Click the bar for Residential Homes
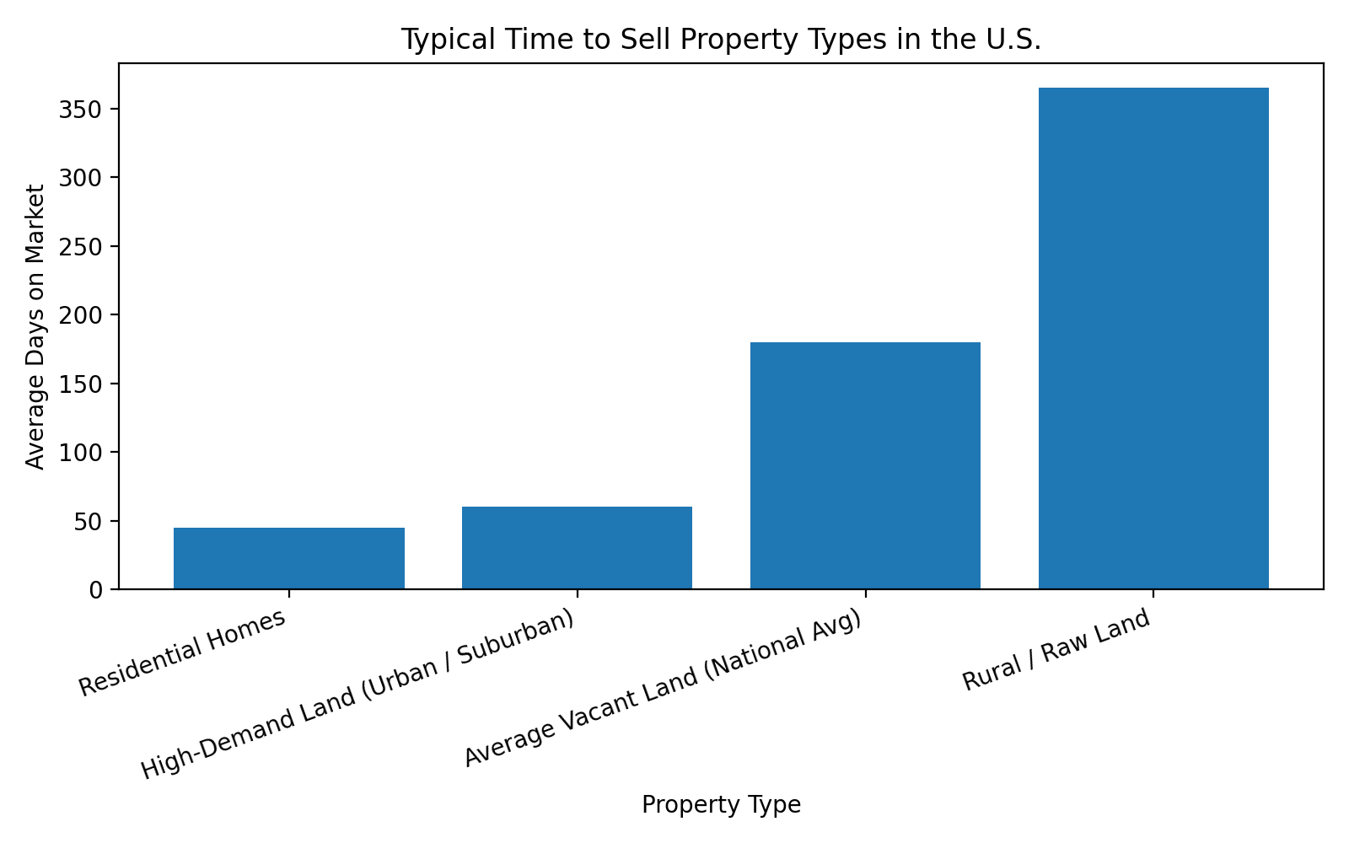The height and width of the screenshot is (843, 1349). tap(288, 558)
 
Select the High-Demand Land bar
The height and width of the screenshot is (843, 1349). tap(577, 548)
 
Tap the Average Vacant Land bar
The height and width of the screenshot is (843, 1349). tap(865, 465)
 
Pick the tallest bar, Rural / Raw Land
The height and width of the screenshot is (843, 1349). tap(1153, 338)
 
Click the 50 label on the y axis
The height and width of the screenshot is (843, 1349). tap(88, 521)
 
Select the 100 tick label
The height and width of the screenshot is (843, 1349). tap(81, 453)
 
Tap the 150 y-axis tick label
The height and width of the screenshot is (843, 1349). tap(81, 384)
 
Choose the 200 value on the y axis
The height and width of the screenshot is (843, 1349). tap(81, 315)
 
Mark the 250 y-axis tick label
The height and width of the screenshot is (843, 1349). tap(81, 247)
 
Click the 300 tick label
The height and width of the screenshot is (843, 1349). tap(81, 178)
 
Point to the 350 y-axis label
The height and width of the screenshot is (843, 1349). tap(81, 110)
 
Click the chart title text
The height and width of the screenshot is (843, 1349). tap(721, 40)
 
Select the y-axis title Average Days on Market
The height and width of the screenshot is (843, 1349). tap(35, 326)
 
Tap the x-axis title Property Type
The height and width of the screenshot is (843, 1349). tap(721, 805)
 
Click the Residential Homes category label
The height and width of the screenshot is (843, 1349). tap(183, 653)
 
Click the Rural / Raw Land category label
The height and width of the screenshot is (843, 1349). tap(1056, 651)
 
